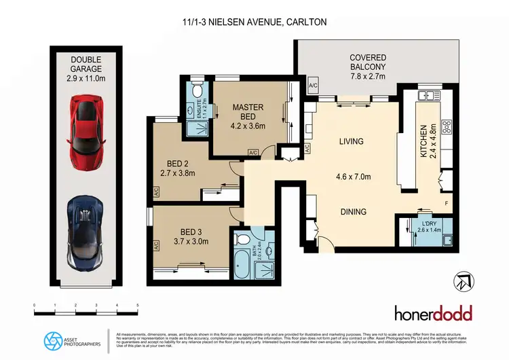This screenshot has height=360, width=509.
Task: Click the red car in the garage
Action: (87, 125)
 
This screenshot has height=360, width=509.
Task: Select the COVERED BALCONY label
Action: (367, 62)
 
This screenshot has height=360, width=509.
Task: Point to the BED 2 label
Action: (181, 168)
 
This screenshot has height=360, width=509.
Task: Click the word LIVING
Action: (352, 142)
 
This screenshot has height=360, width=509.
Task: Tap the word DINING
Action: (353, 212)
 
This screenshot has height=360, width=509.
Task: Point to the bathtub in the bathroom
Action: (243, 262)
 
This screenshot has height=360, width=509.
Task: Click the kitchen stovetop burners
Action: (447, 126)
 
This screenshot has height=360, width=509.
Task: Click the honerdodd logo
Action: (434, 313)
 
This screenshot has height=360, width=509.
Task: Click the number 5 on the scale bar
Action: (138, 306)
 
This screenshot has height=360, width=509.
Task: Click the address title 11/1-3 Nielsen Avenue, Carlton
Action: (254, 22)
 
